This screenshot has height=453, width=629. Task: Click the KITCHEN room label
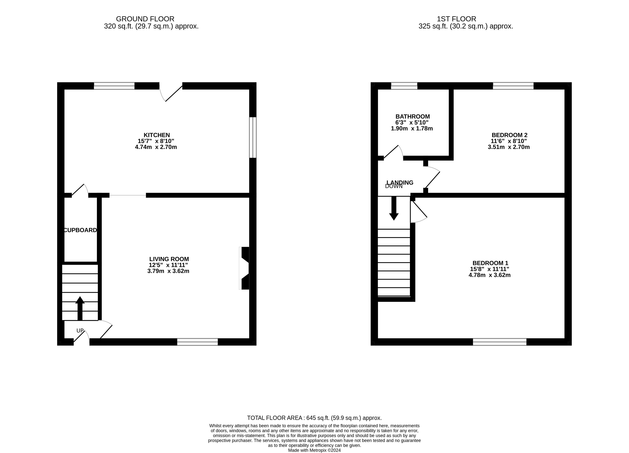(157, 135)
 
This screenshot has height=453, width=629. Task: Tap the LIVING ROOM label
(169, 259)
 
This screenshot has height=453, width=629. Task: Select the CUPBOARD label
(80, 230)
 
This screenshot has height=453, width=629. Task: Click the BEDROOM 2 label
(510, 135)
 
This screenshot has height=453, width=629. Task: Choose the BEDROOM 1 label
(490, 263)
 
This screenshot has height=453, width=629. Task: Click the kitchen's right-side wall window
(253, 138)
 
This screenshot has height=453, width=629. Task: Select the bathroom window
(404, 86)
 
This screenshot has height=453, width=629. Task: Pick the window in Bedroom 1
(500, 342)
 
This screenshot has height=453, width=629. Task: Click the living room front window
(197, 342)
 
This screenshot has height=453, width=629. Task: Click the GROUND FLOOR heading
(145, 19)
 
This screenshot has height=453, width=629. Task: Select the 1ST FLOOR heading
(456, 19)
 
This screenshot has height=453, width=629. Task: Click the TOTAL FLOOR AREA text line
(314, 418)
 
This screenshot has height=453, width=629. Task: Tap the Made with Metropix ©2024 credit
(314, 450)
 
